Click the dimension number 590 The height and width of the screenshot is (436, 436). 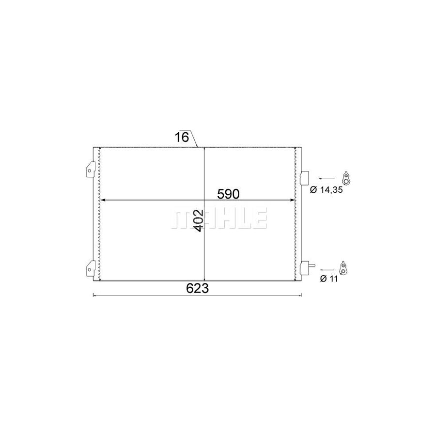point(228,194)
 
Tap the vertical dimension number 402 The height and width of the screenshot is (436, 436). point(198,220)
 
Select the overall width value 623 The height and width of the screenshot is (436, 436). point(198,288)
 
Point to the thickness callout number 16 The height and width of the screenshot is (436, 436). point(182,137)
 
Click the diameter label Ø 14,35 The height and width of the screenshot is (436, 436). point(326,190)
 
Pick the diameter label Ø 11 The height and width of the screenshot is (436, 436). point(329,279)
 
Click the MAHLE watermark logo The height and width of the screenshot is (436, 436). point(219,218)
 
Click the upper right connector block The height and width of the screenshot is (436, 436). point(305,178)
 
